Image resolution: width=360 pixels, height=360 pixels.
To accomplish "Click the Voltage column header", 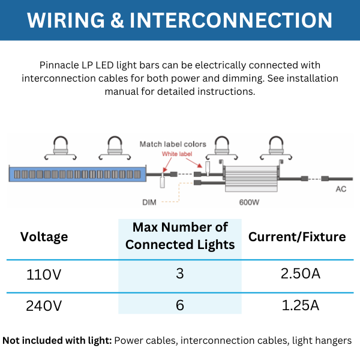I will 44,236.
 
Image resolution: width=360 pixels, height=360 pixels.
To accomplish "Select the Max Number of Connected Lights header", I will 180,236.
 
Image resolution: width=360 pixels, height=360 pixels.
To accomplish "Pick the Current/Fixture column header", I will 297,236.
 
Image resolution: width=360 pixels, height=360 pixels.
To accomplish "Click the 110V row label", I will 44,275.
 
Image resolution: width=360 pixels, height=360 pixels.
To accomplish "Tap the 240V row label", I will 44,305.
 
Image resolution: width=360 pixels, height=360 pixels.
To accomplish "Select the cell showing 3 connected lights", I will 180,274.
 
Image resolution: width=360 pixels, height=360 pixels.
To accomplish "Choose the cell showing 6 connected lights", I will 180,305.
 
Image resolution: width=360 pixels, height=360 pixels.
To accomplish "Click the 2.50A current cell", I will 300,274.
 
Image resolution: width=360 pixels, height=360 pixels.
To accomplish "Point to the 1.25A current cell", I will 300,305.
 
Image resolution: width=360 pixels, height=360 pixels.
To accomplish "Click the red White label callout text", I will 177,154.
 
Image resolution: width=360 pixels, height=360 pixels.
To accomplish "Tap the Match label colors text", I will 173,144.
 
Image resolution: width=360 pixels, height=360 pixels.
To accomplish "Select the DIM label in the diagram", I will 149,202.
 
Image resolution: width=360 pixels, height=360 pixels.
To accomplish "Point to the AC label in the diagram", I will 340,189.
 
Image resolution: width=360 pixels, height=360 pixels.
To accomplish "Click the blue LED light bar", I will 78,175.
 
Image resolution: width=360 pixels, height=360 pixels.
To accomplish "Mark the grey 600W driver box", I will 251,179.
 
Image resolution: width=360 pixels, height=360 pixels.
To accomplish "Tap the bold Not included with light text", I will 57,341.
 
